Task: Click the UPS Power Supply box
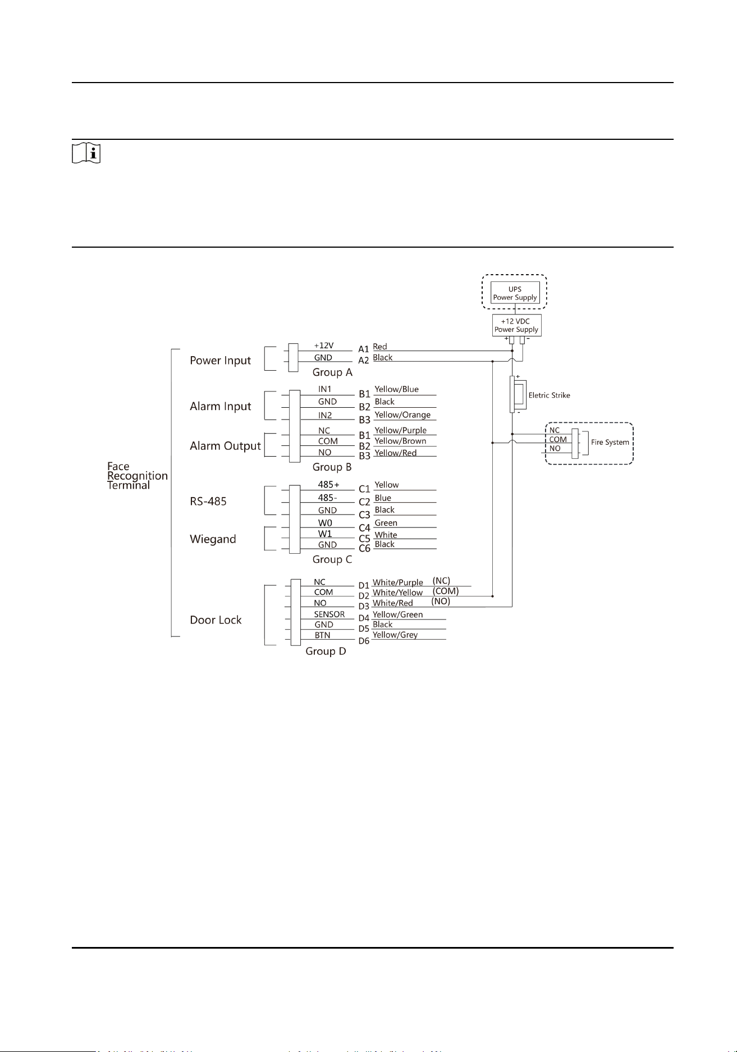(x=515, y=293)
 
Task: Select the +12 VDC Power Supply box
(x=516, y=325)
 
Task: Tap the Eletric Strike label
(x=549, y=395)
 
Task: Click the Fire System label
(x=610, y=442)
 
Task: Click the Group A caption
(x=332, y=372)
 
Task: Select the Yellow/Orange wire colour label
(x=402, y=415)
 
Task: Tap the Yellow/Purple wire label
(x=400, y=431)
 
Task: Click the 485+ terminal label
(x=328, y=485)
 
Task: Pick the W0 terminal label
(x=325, y=523)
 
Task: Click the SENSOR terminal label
(x=329, y=614)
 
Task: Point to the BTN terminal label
(x=322, y=635)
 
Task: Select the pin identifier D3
(x=364, y=607)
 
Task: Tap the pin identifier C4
(x=364, y=528)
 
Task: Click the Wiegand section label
(x=213, y=539)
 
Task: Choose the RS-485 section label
(x=208, y=501)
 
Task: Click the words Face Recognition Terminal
(x=138, y=476)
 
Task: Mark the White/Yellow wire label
(x=397, y=593)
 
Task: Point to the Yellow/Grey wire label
(x=395, y=635)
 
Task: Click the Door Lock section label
(x=216, y=620)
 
